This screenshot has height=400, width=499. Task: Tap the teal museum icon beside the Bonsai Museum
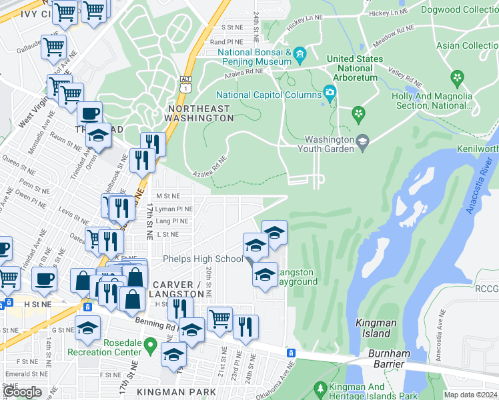tap(300, 53)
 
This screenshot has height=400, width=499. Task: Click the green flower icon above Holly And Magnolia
tap(457, 78)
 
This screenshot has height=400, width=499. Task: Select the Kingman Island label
tap(376, 327)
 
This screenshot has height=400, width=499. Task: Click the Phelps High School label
tap(203, 259)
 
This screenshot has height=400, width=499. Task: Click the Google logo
tap(22, 392)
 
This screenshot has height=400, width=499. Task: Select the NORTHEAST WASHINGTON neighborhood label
tap(201, 113)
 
